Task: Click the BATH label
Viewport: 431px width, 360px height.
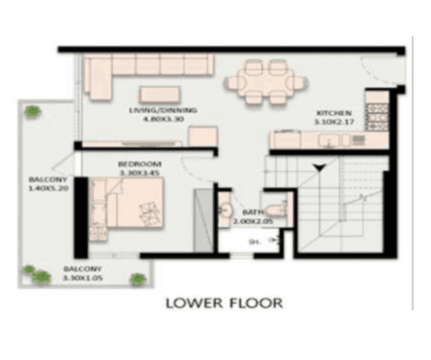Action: [254, 211]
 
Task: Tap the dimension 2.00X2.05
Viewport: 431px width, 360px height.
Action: [254, 221]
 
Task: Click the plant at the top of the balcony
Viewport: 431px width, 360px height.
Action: [34, 111]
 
